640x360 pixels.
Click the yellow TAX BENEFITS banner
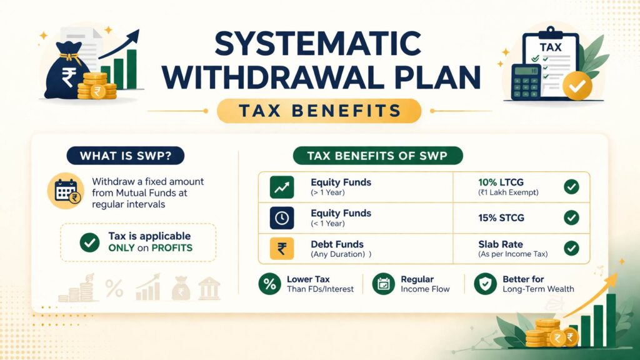319,111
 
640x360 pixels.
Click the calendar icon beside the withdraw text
66,189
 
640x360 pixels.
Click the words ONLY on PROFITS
150,247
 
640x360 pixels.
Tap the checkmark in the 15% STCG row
571,217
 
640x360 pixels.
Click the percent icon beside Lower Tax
270,284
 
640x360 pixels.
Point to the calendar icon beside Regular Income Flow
383,284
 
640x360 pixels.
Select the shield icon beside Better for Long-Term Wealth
485,284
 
